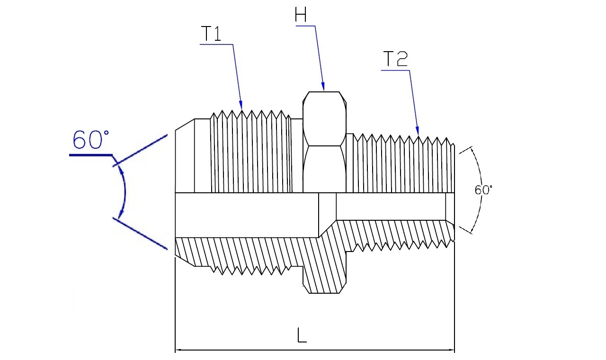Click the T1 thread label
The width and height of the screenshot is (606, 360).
point(211,34)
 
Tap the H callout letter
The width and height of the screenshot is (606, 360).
point(301,14)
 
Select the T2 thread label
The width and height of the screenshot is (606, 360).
point(395,59)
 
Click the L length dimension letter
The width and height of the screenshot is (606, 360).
point(302,335)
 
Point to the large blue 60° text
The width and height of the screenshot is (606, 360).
point(91,140)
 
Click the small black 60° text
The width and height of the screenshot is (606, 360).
point(483,190)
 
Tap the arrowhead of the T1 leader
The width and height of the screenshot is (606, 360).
point(241,105)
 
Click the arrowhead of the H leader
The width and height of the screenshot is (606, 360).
point(323,86)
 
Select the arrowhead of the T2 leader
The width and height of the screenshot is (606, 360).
point(417,131)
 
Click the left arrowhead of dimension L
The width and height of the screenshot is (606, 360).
point(179,350)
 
